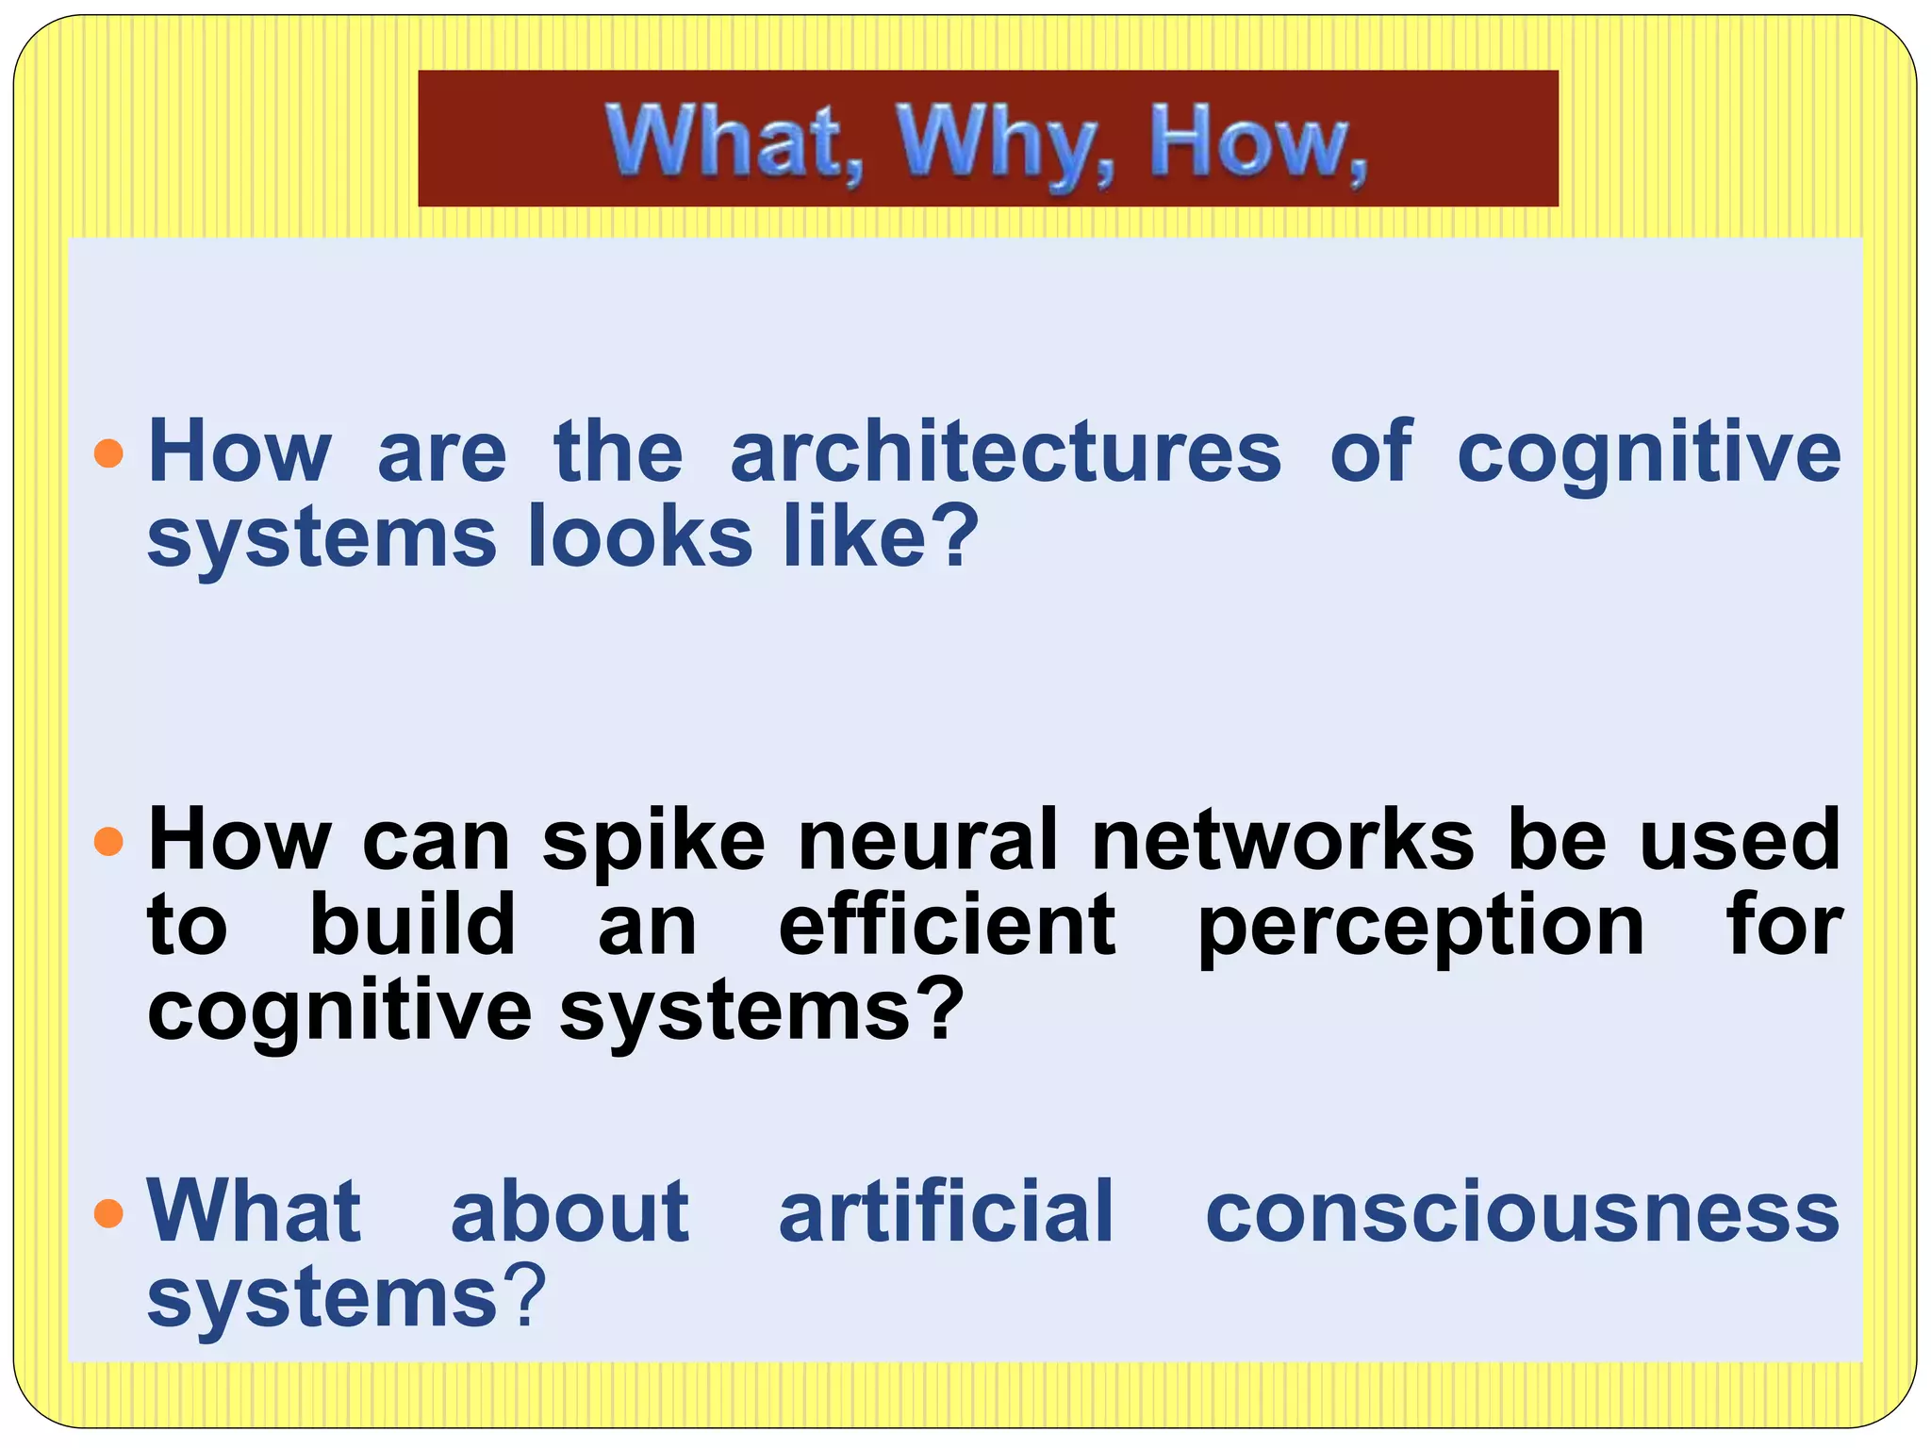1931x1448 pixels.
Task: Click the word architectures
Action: tap(1005, 452)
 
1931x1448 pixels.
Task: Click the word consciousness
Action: tap(1522, 1213)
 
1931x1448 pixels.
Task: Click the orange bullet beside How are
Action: tap(109, 453)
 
